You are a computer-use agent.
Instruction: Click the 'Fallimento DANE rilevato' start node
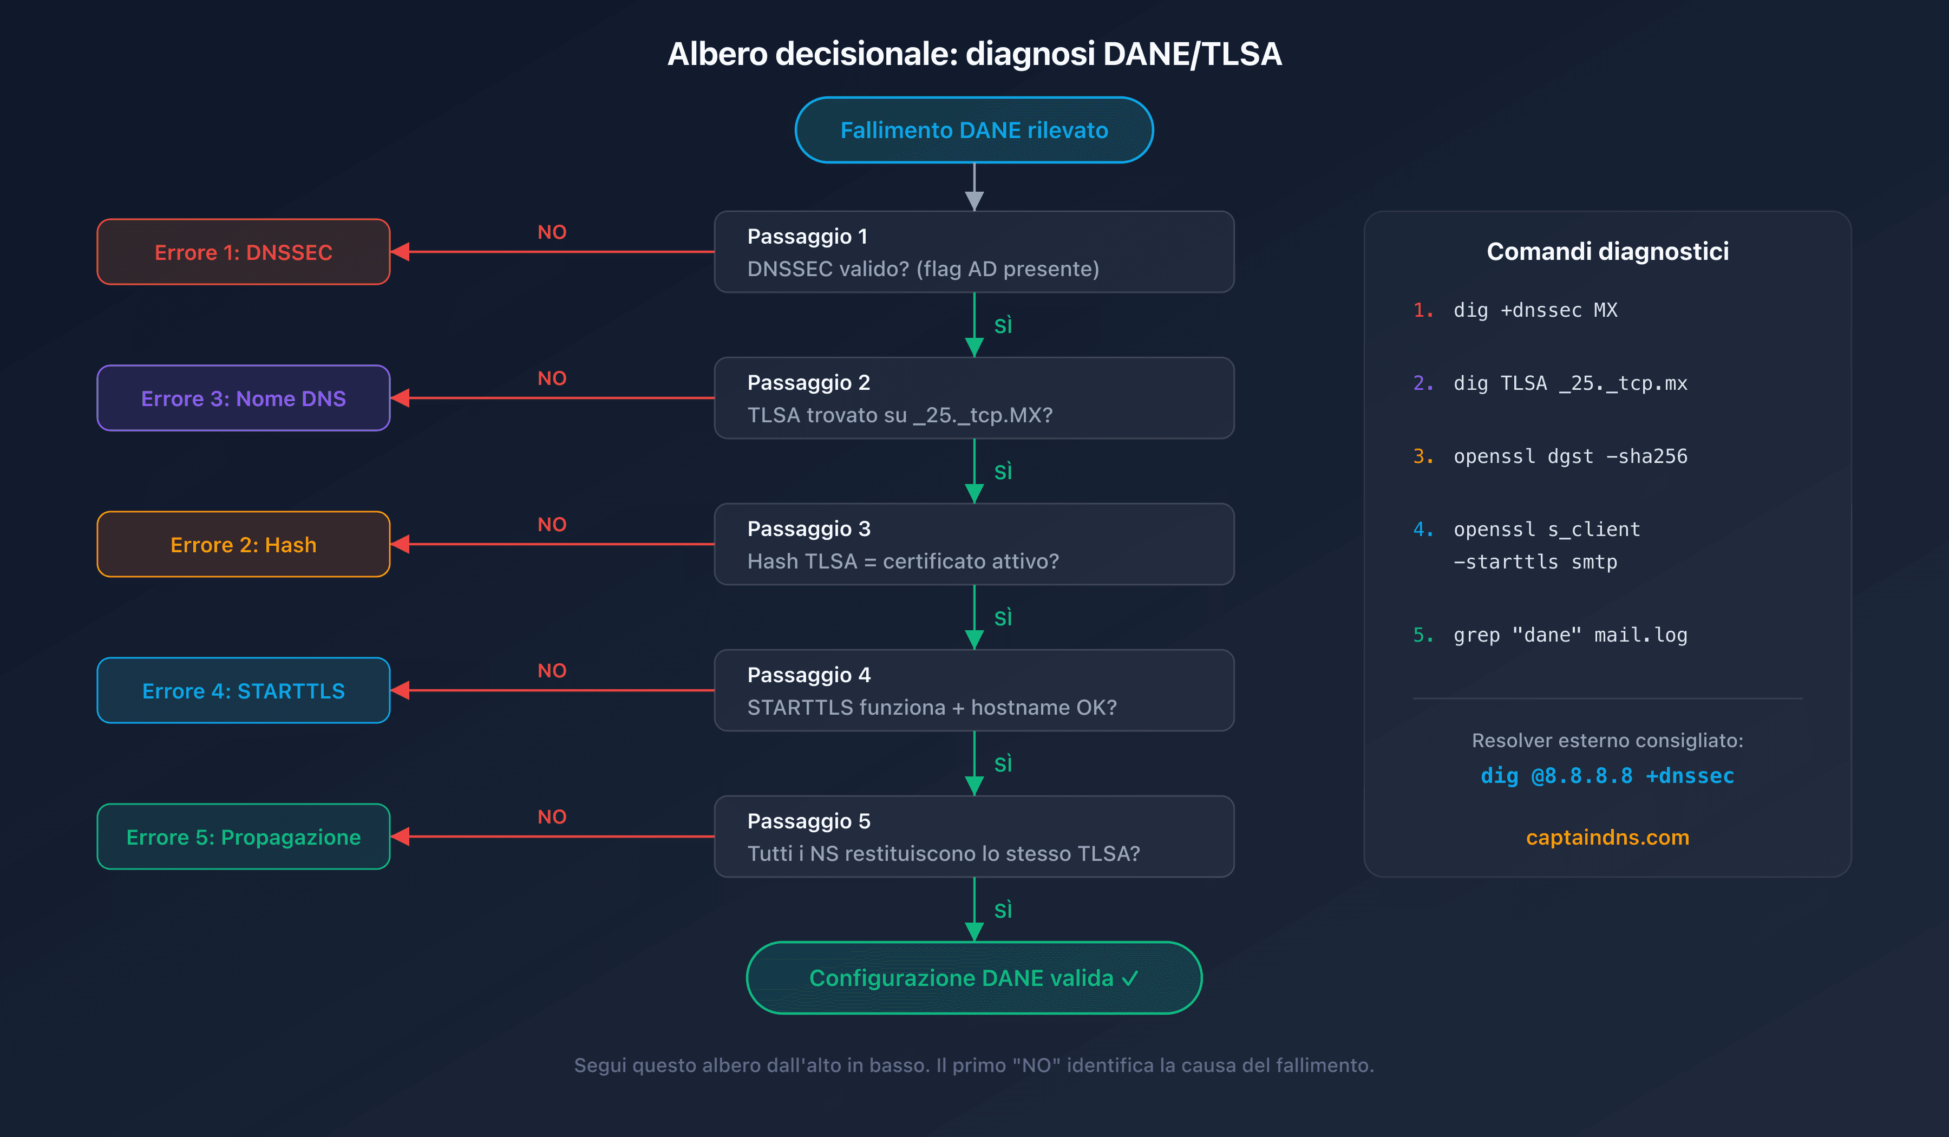tap(974, 130)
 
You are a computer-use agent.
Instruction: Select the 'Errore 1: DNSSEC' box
tap(243, 252)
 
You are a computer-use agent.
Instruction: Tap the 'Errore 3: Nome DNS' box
tap(243, 398)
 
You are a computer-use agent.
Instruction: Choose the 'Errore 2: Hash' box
tap(243, 545)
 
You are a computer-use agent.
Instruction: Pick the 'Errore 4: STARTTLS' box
tap(243, 691)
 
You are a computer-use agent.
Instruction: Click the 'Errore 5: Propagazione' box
tap(243, 837)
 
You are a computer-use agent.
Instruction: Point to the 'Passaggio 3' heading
tap(808, 528)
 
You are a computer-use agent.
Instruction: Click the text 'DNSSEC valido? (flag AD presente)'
tap(923, 269)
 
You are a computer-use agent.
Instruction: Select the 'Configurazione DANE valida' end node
tap(974, 978)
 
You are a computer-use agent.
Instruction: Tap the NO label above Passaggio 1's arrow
tap(552, 232)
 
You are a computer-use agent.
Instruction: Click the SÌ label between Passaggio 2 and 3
tap(1003, 472)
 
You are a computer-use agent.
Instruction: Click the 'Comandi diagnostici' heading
tap(1607, 251)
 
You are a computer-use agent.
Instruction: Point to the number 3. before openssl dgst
tap(1423, 456)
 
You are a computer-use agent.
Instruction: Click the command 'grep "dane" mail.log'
tap(1569, 635)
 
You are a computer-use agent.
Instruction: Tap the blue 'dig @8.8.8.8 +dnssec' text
tap(1607, 776)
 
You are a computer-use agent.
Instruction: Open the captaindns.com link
tap(1607, 837)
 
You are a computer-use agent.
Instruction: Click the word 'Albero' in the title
tap(717, 54)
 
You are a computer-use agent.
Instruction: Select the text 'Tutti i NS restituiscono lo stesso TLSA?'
tap(943, 854)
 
